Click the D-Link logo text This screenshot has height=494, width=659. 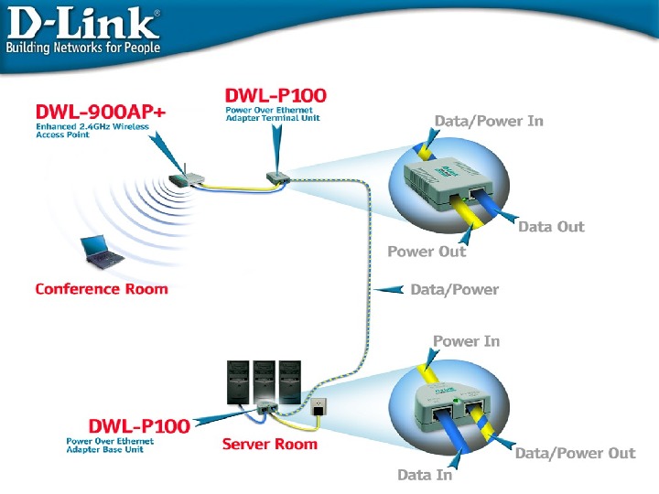point(83,24)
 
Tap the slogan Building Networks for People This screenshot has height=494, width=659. point(82,48)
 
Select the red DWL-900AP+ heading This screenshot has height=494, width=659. point(101,112)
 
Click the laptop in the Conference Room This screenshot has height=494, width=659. point(102,252)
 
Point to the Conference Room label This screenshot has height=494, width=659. point(102,289)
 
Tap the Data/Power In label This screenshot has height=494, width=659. point(489,122)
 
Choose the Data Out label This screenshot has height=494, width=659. point(551,227)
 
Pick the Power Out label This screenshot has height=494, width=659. point(427,252)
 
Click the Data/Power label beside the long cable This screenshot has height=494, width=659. point(455,289)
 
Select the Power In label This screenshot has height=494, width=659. point(467,341)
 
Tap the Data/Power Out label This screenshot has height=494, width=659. point(576,453)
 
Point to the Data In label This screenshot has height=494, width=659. point(425,475)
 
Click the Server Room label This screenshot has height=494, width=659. point(269,444)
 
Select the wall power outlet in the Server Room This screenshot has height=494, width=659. point(319,406)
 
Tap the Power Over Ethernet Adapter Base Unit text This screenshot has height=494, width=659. point(110,446)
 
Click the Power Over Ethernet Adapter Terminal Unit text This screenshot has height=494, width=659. point(273,113)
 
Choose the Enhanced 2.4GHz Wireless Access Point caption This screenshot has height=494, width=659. point(92,130)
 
